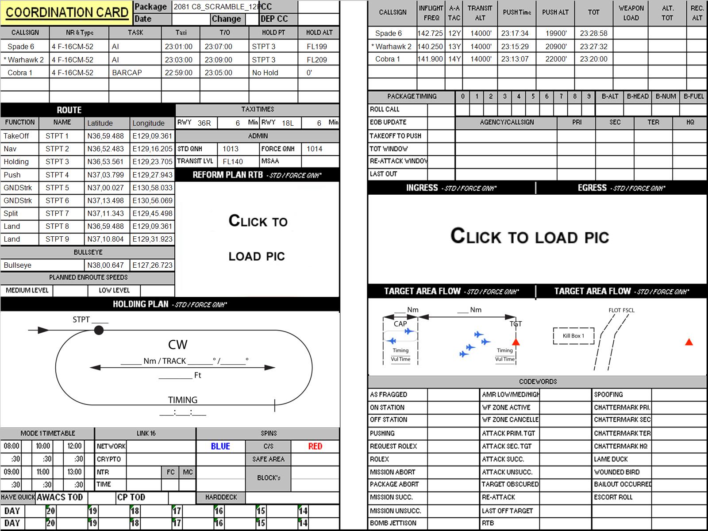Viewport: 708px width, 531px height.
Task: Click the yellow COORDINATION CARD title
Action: tap(67, 12)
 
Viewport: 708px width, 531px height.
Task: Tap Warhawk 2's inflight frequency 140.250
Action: tap(430, 46)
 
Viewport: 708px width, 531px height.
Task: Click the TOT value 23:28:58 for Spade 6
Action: tap(593, 33)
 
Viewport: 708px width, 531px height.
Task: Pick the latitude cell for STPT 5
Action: tap(105, 188)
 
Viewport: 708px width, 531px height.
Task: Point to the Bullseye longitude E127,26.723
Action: tap(152, 265)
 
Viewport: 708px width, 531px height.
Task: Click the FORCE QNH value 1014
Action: tap(314, 149)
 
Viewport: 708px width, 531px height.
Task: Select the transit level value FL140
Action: tap(233, 162)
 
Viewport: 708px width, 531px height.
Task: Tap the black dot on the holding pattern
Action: tap(99, 330)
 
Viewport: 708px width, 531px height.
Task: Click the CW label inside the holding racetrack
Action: tap(177, 345)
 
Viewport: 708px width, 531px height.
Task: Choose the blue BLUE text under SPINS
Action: tap(220, 446)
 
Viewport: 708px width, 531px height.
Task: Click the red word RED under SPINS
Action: tap(315, 446)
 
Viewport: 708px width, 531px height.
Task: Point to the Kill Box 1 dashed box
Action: tap(573, 336)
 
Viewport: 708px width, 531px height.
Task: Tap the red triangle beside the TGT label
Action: tap(516, 342)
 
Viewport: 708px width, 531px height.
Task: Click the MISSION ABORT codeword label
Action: tap(392, 472)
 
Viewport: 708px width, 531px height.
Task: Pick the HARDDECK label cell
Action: tap(221, 497)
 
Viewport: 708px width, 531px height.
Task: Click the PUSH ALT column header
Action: tap(555, 12)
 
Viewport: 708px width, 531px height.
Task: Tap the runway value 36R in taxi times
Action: tap(204, 123)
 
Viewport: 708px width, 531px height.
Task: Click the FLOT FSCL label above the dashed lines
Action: tap(621, 310)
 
